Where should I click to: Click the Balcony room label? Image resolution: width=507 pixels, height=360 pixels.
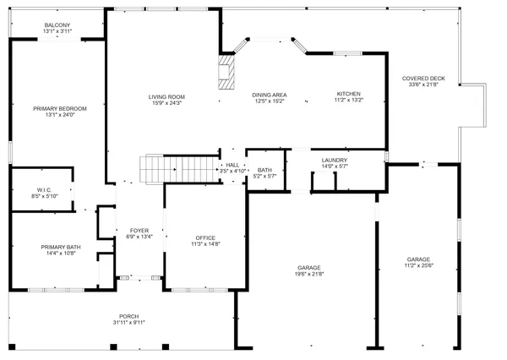tap(57, 25)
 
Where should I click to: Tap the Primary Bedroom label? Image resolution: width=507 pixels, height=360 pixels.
tap(60, 109)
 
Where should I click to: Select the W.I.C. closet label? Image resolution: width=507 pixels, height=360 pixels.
tap(44, 189)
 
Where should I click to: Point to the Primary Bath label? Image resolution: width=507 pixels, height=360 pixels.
tap(60, 247)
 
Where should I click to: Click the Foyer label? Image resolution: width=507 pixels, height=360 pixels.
tap(139, 231)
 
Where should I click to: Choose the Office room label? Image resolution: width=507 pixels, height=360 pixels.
tap(205, 237)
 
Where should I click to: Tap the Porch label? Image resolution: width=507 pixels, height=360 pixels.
tap(130, 317)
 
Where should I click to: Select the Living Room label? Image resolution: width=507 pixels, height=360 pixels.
tap(166, 96)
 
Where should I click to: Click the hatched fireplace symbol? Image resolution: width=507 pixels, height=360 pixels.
tap(226, 73)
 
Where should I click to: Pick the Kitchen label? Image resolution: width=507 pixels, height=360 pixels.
tap(349, 94)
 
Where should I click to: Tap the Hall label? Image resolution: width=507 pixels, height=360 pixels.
tap(232, 165)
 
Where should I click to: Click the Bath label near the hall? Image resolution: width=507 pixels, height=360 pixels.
tap(265, 170)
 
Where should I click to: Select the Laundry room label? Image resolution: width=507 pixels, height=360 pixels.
tap(335, 160)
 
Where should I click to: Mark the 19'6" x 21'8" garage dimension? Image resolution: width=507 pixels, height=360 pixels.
tap(309, 274)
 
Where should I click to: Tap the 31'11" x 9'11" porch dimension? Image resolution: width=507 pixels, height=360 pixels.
tap(130, 323)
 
